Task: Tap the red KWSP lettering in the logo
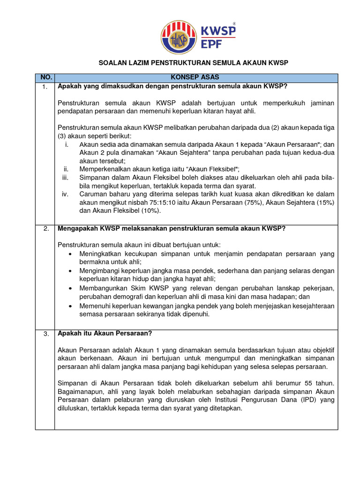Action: tap(218, 31)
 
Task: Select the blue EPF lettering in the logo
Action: tap(213, 46)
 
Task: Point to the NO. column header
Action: tap(45, 77)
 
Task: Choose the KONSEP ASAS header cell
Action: tap(195, 77)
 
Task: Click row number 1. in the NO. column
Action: tap(45, 86)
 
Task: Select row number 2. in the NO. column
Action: tap(45, 229)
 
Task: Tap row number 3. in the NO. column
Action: tap(45, 334)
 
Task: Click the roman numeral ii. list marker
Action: tap(66, 169)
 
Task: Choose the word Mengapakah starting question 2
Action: tap(77, 228)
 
